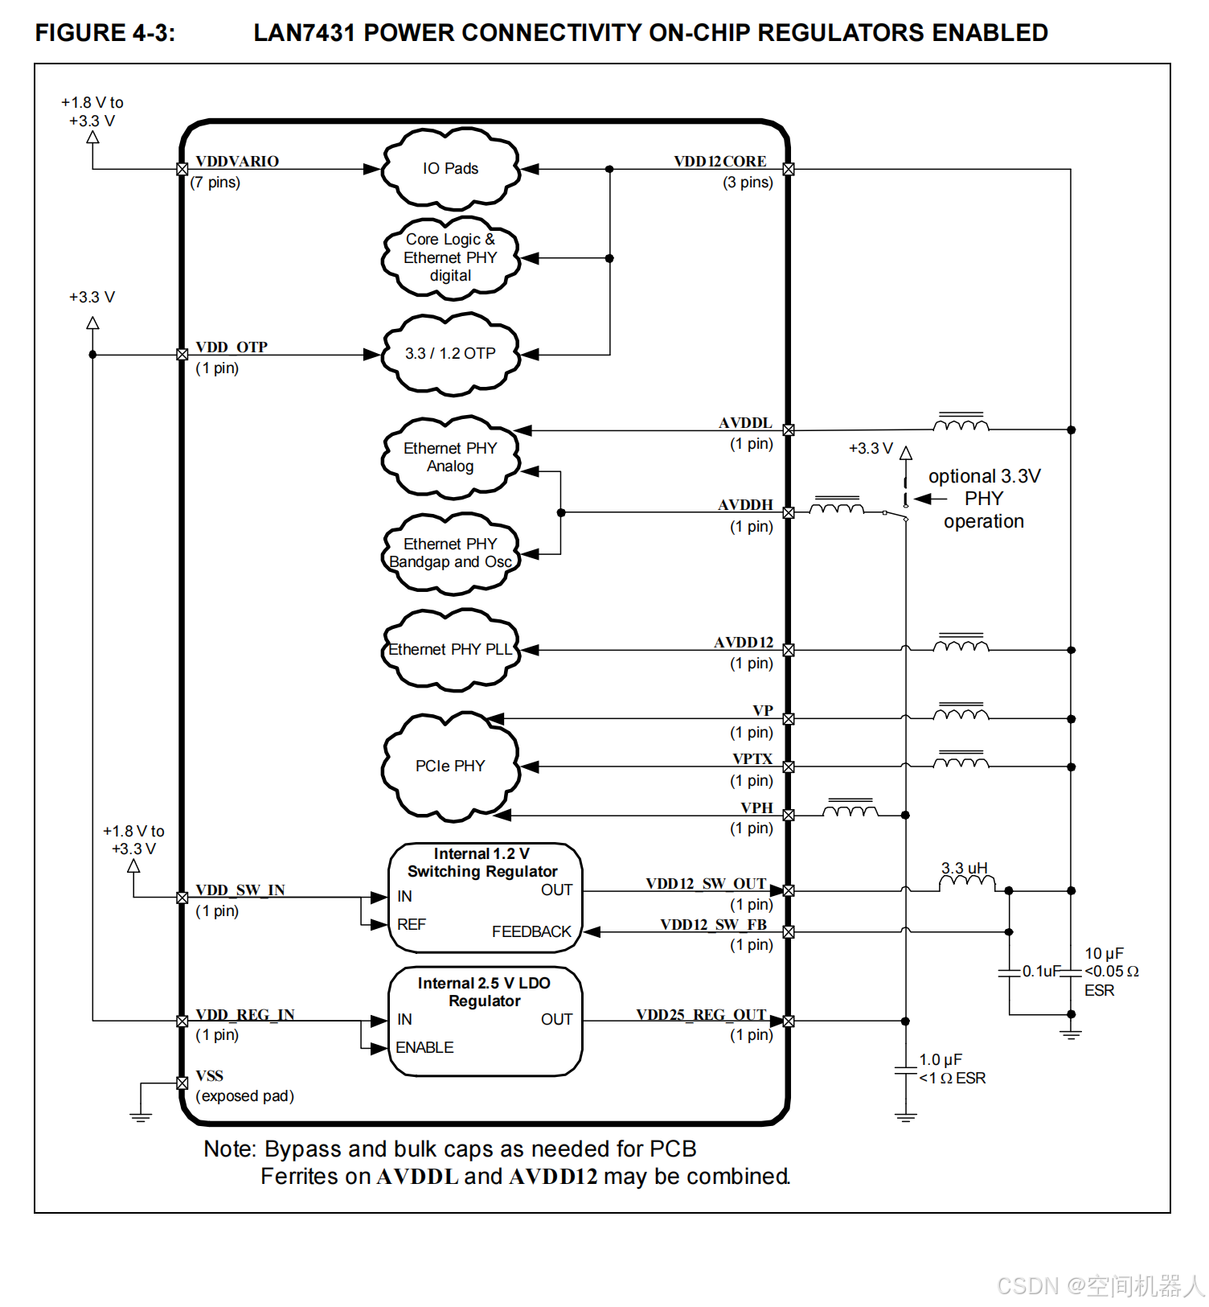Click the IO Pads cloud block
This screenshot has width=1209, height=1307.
coord(450,169)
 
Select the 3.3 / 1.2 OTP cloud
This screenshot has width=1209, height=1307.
coord(450,354)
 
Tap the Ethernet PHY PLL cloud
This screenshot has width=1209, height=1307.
coord(450,650)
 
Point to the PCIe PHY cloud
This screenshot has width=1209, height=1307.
coord(450,767)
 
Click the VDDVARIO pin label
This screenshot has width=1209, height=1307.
coord(237,162)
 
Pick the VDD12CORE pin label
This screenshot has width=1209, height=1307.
coord(719,162)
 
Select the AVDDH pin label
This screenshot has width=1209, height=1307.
coord(745,505)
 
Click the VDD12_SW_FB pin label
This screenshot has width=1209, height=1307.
coord(713,925)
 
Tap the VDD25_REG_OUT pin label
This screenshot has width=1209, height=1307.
coord(701,1015)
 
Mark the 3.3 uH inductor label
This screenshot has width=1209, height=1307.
coord(964,868)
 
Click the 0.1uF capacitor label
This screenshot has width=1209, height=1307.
coord(1041,972)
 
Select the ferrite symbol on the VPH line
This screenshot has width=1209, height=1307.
coord(850,808)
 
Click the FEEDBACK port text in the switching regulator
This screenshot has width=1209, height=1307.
coord(531,931)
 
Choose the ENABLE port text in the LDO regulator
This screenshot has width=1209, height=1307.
coord(424,1047)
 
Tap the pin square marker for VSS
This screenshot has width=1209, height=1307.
coord(182,1083)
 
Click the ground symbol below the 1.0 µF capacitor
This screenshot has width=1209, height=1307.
coord(906,1116)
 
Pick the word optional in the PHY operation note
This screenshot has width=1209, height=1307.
coord(962,476)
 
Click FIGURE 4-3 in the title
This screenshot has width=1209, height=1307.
coord(105,33)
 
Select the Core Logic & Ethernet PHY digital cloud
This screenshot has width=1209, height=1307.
coord(450,258)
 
